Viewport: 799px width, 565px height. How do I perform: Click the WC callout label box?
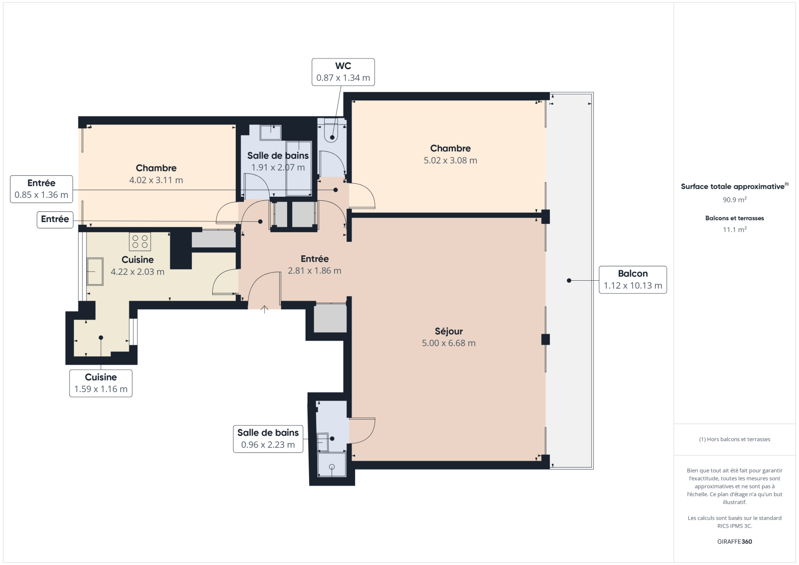click(x=343, y=72)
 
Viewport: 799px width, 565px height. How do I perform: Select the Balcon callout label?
click(x=633, y=280)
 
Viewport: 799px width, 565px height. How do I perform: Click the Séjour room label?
click(x=449, y=331)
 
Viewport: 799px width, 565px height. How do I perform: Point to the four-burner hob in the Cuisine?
click(x=140, y=241)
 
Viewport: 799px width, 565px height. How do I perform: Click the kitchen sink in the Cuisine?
click(x=95, y=272)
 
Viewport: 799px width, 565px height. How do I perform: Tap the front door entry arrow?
click(x=264, y=309)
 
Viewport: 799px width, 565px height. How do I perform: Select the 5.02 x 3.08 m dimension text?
click(x=450, y=161)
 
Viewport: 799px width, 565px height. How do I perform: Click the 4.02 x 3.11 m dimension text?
click(x=156, y=180)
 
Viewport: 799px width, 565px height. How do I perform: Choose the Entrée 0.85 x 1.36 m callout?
click(x=41, y=189)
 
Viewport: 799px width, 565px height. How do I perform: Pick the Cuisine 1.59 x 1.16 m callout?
click(x=101, y=383)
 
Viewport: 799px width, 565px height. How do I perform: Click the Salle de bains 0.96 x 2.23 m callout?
click(x=268, y=439)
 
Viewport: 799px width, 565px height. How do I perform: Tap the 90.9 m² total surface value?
click(x=735, y=199)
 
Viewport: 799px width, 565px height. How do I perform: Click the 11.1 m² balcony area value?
click(x=735, y=229)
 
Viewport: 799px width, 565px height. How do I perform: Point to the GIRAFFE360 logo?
click(x=735, y=542)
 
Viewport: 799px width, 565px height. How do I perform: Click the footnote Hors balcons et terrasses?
click(x=735, y=440)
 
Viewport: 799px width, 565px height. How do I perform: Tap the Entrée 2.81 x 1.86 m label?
click(x=315, y=264)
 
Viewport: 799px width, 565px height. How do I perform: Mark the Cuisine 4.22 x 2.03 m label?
click(x=138, y=266)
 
